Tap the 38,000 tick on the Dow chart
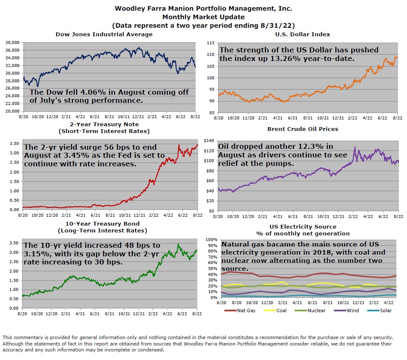pyautogui.click(x=12, y=43)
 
